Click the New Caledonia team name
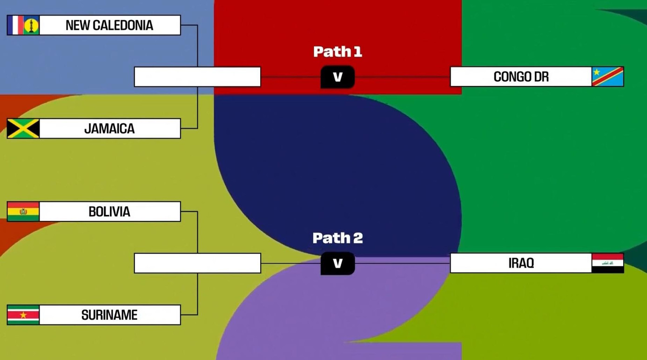(109, 25)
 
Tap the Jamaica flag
(23, 128)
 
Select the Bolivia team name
(109, 212)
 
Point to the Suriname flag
(23, 315)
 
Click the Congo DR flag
(607, 77)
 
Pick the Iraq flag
(607, 263)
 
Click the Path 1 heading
(337, 52)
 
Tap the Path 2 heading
(337, 238)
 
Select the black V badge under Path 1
(337, 77)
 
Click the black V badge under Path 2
(337, 264)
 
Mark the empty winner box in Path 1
(197, 77)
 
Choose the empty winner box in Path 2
(197, 263)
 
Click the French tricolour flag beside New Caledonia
(15, 25)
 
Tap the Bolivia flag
(23, 212)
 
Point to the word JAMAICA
(109, 129)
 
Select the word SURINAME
(109, 315)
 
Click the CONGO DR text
(521, 77)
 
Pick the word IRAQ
(521, 263)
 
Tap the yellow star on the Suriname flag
(23, 315)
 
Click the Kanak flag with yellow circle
(31, 25)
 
